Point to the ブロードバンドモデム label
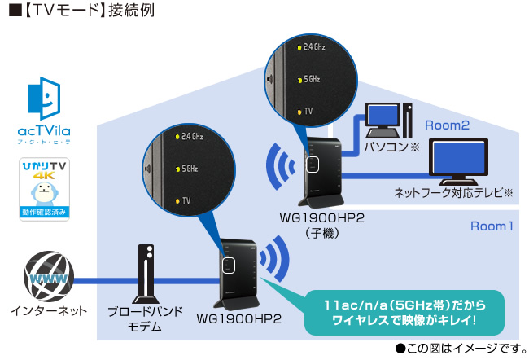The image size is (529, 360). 146,318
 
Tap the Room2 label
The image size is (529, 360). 448,125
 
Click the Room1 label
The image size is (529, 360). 492,226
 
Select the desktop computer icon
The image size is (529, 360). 386,121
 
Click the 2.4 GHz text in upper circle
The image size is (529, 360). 314,48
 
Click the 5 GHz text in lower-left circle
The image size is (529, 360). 190,168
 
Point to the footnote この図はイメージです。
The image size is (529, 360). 459,349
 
